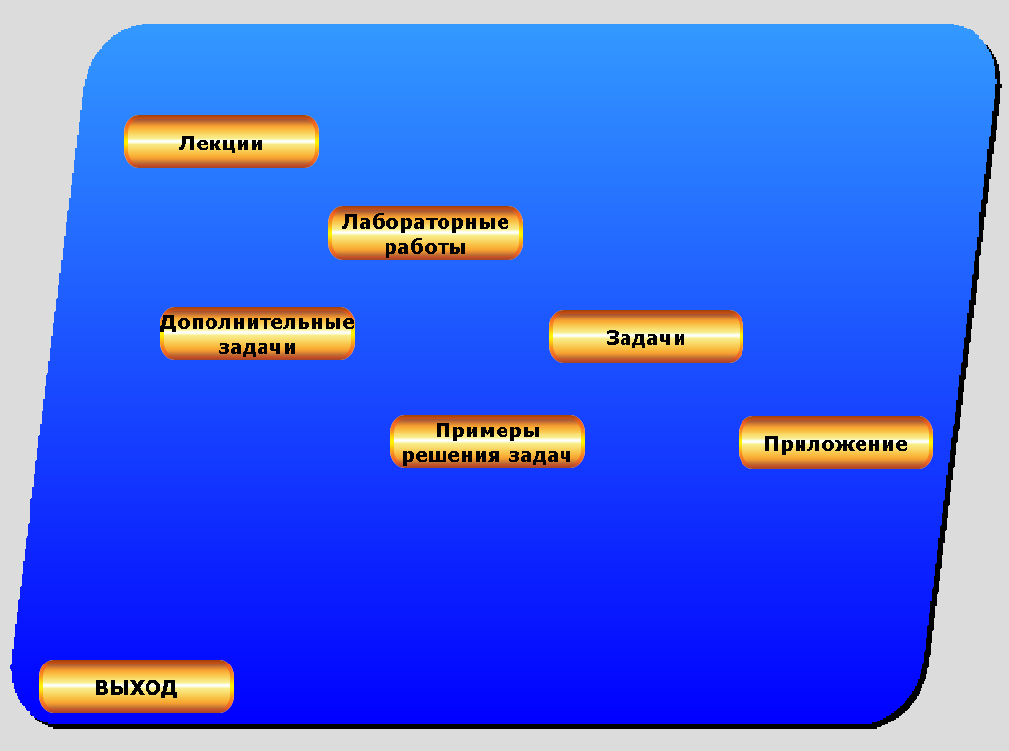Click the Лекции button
[x=220, y=143]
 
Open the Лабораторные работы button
[x=425, y=233]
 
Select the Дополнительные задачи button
[x=257, y=333]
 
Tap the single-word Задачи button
[x=645, y=337]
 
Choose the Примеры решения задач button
[x=487, y=441]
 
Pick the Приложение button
[x=835, y=443]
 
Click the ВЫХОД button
[x=136, y=687]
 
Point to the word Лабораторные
[x=425, y=222]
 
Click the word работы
[x=425, y=247]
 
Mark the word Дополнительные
[x=257, y=322]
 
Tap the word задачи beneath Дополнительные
[x=257, y=347]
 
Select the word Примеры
[x=487, y=431]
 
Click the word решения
[x=451, y=455]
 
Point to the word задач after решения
[x=540, y=455]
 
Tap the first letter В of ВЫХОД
[x=101, y=688]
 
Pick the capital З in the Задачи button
[x=612, y=338]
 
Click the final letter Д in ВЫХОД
[x=169, y=688]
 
